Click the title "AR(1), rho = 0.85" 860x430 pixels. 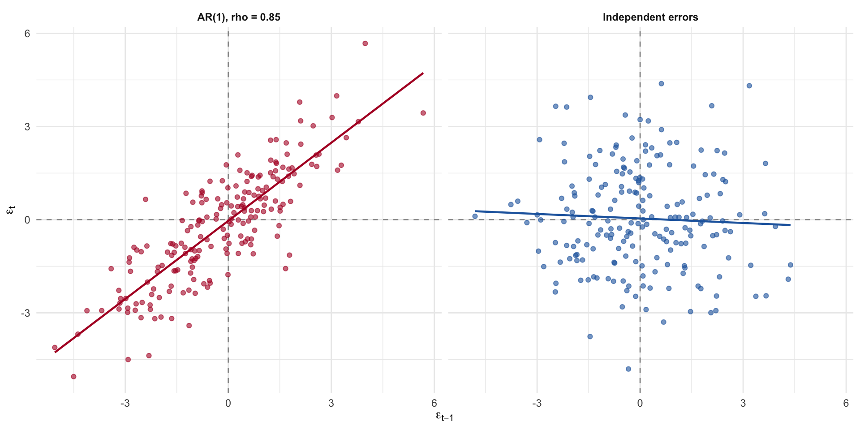point(239,17)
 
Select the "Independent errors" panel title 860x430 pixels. point(650,17)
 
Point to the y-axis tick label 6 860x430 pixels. point(27,34)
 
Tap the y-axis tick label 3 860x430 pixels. point(27,127)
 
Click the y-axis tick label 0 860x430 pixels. point(27,220)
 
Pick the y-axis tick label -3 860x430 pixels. point(25,313)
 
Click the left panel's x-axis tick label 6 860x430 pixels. point(434,404)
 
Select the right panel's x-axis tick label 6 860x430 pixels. point(846,404)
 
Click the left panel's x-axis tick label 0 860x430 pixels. point(228,404)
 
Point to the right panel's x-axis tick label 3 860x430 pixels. point(743,404)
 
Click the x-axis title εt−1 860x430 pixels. point(444,417)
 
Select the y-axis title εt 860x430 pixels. point(12,210)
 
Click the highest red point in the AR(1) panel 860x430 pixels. point(365,43)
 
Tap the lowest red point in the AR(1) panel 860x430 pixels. point(73,377)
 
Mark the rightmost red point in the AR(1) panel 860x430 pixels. point(423,113)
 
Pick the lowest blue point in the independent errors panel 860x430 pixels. point(628,369)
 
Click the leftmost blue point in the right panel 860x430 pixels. point(475,216)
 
